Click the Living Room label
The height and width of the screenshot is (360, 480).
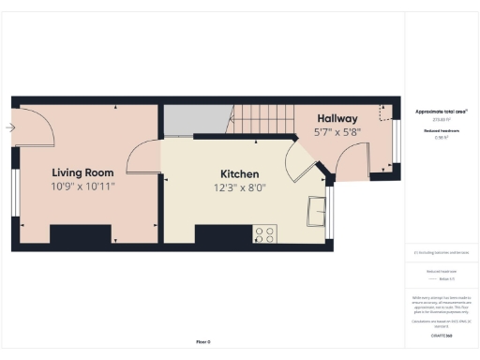pos(82,172)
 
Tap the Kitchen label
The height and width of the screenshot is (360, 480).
pos(239,174)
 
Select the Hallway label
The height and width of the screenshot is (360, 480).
pos(337,119)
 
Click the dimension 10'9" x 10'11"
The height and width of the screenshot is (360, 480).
pos(82,187)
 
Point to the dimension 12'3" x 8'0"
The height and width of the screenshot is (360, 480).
pos(239,188)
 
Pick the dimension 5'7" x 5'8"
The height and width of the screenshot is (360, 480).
pos(337,133)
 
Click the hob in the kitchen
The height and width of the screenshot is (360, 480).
pos(263,235)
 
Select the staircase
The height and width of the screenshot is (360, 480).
pos(262,118)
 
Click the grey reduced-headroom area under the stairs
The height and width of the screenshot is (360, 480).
pos(196,120)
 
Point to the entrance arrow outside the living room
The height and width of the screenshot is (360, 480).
pos(9,128)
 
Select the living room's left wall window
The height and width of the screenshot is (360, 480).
pos(14,192)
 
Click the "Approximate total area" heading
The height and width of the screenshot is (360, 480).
pos(441,111)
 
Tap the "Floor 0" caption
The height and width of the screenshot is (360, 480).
pos(203,342)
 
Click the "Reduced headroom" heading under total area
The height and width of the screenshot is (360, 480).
pos(441,131)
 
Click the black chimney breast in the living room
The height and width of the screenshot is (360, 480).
pos(81,236)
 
